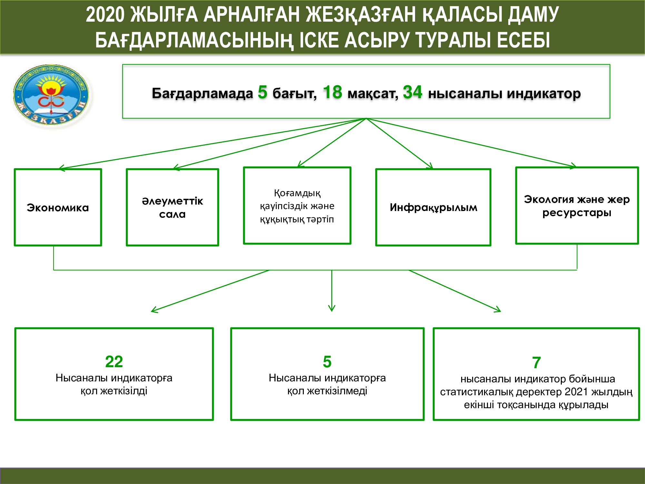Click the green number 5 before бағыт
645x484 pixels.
coord(263,92)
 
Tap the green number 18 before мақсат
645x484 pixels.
coord(332,92)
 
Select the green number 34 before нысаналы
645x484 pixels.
coord(412,92)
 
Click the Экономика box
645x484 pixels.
coord(58,207)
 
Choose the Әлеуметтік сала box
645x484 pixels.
coord(173,207)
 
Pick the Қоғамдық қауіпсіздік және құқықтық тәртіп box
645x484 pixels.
coord(297,206)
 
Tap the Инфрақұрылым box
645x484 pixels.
coord(433,207)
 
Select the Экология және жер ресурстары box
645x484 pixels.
coord(577,206)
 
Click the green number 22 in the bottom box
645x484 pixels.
coord(114,362)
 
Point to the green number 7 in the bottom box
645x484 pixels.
coord(536,363)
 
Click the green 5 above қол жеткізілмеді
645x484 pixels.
coord(327,362)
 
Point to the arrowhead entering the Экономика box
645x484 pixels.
coord(61,168)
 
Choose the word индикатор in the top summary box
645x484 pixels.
coord(544,94)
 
